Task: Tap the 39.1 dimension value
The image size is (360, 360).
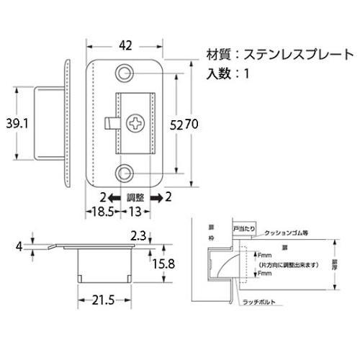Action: click(x=16, y=122)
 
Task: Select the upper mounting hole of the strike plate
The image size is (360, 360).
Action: click(x=126, y=73)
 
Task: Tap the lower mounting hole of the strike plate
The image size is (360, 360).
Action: click(x=126, y=173)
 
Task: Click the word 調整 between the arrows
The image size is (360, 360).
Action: click(x=135, y=197)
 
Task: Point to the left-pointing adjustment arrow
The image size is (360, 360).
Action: click(x=113, y=197)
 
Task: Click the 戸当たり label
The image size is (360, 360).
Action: click(x=245, y=228)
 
